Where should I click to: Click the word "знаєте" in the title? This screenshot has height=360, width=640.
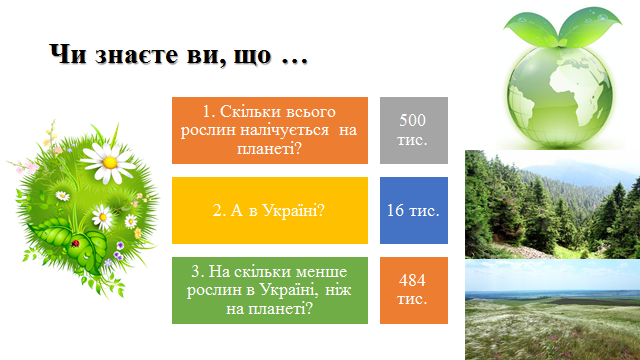click(x=137, y=55)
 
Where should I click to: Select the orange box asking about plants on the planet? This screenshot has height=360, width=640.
click(x=270, y=130)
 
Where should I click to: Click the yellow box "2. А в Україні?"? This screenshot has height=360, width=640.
click(x=270, y=210)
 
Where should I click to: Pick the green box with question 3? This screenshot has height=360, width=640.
click(x=270, y=290)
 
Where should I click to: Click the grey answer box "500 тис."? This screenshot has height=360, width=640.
click(x=414, y=130)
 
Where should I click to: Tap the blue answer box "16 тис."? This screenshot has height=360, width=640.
click(x=414, y=210)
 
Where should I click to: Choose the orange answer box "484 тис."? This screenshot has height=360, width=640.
click(x=414, y=290)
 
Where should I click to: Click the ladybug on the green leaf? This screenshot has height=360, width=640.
click(x=75, y=244)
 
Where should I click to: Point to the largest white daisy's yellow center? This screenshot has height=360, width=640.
click(x=110, y=162)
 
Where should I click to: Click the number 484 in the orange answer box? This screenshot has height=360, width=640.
click(x=412, y=280)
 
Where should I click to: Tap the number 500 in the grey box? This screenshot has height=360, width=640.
click(x=412, y=120)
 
